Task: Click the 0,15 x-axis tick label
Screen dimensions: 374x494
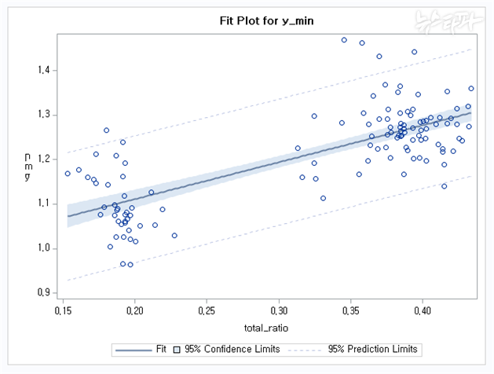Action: click(x=63, y=311)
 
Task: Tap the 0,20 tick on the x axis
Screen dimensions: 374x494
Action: click(x=135, y=311)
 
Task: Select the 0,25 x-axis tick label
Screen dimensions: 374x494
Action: click(x=207, y=311)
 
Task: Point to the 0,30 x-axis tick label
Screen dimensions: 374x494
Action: click(x=279, y=311)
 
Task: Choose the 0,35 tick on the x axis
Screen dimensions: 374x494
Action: click(x=351, y=311)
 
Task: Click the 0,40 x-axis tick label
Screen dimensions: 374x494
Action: click(x=423, y=311)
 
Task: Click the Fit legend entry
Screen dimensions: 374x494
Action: click(x=141, y=348)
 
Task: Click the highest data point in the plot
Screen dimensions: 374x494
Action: click(x=344, y=40)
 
